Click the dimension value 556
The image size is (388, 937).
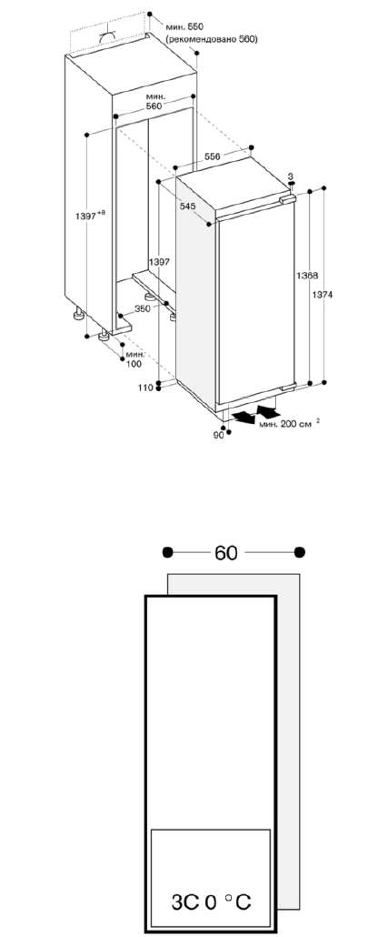[213, 156]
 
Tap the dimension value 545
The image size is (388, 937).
[187, 207]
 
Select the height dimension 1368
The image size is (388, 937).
[307, 276]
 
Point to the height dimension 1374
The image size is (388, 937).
[323, 295]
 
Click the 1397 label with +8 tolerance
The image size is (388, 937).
[90, 216]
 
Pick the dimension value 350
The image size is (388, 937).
[143, 309]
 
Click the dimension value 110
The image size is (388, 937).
[145, 388]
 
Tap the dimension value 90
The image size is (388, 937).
[218, 435]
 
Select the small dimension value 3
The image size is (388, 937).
[291, 176]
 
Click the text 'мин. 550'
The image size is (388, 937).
[184, 27]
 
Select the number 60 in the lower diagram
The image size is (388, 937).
[225, 553]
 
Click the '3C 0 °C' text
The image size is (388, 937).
[211, 902]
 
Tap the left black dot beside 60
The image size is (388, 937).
[168, 552]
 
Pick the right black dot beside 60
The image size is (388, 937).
[300, 552]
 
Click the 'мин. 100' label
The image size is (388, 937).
[134, 359]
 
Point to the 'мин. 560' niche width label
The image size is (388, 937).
[154, 101]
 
